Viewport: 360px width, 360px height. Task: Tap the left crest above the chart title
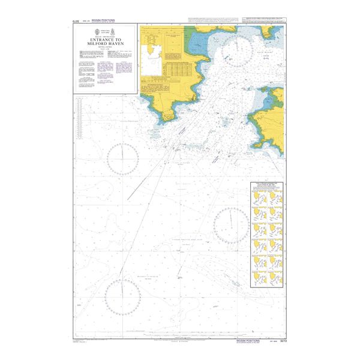pos(95,31)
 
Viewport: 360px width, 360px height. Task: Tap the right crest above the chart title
pos(116,31)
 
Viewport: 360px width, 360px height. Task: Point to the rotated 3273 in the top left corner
pos(76,23)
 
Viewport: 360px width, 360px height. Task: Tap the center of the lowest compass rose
pos(123,296)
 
